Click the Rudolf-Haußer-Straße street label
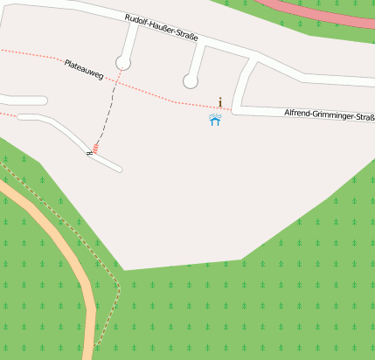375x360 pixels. [x=162, y=28]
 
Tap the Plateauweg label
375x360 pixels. [x=84, y=70]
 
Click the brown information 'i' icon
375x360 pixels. [x=220, y=102]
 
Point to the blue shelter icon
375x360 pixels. [x=215, y=120]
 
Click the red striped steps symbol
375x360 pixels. [x=95, y=148]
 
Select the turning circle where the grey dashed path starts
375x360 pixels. [x=123, y=63]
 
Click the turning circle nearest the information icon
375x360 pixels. [x=191, y=81]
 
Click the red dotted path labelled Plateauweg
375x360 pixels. [x=157, y=94]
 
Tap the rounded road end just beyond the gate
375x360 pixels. [x=118, y=168]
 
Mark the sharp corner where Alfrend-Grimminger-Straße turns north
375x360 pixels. [x=237, y=108]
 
